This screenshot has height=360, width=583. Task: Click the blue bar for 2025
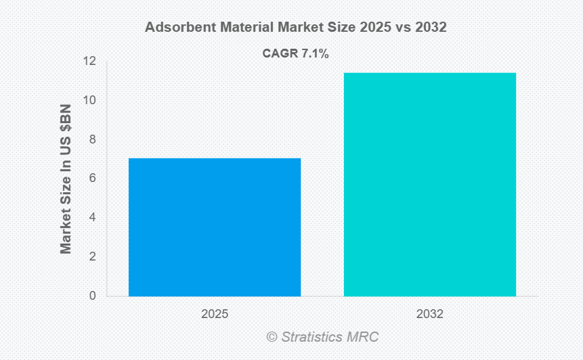[x=215, y=227]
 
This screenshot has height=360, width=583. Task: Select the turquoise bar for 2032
[x=430, y=184]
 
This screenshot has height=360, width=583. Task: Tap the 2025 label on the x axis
[x=215, y=314]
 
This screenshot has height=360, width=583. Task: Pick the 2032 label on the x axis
[x=430, y=314]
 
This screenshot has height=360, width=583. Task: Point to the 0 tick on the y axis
[x=92, y=296]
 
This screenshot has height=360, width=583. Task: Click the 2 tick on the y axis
[x=92, y=256]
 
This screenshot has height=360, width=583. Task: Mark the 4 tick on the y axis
[x=92, y=217]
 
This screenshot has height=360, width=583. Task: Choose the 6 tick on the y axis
[x=92, y=178]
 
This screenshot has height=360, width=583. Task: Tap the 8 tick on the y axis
[x=92, y=139]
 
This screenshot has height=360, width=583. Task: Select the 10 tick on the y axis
[x=89, y=100]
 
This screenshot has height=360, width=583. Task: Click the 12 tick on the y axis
[x=89, y=62]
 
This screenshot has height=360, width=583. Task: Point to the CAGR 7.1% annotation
[x=295, y=54]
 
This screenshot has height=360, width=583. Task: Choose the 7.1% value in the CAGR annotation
[x=314, y=54]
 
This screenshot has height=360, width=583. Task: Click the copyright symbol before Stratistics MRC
[x=272, y=336]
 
